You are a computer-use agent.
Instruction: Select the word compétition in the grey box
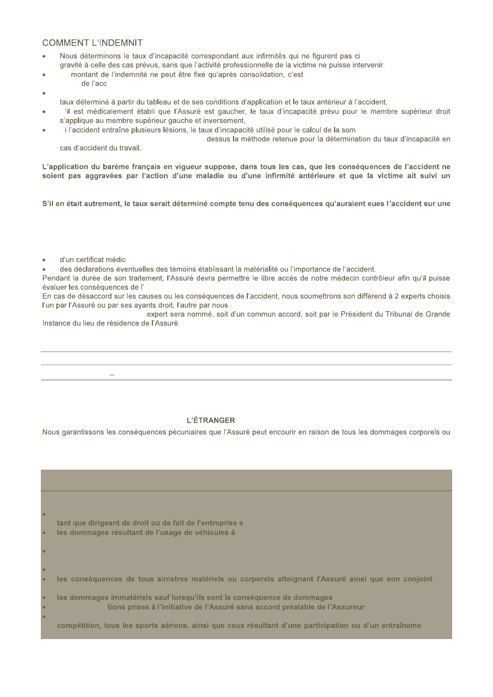80,626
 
